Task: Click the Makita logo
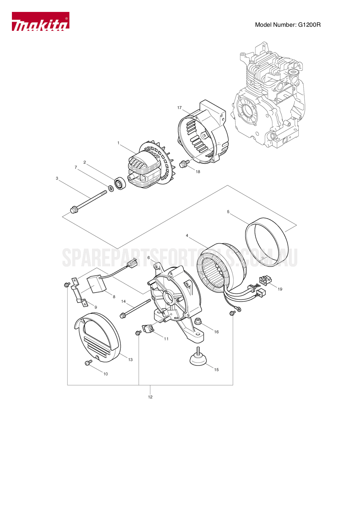pyautogui.click(x=40, y=22)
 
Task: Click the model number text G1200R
pyautogui.click(x=309, y=25)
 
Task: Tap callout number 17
pyautogui.click(x=179, y=108)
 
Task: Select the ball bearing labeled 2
pyautogui.click(x=120, y=183)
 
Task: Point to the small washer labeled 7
pyautogui.click(x=111, y=188)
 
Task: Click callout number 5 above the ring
pyautogui.click(x=228, y=212)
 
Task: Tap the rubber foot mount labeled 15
pyautogui.click(x=198, y=359)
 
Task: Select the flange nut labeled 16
pyautogui.click(x=198, y=321)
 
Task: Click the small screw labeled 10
pyautogui.click(x=88, y=363)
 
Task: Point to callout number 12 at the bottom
pyautogui.click(x=150, y=397)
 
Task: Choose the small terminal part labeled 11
pyautogui.click(x=148, y=329)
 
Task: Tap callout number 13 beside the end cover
pyautogui.click(x=130, y=360)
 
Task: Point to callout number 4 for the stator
pyautogui.click(x=187, y=236)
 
